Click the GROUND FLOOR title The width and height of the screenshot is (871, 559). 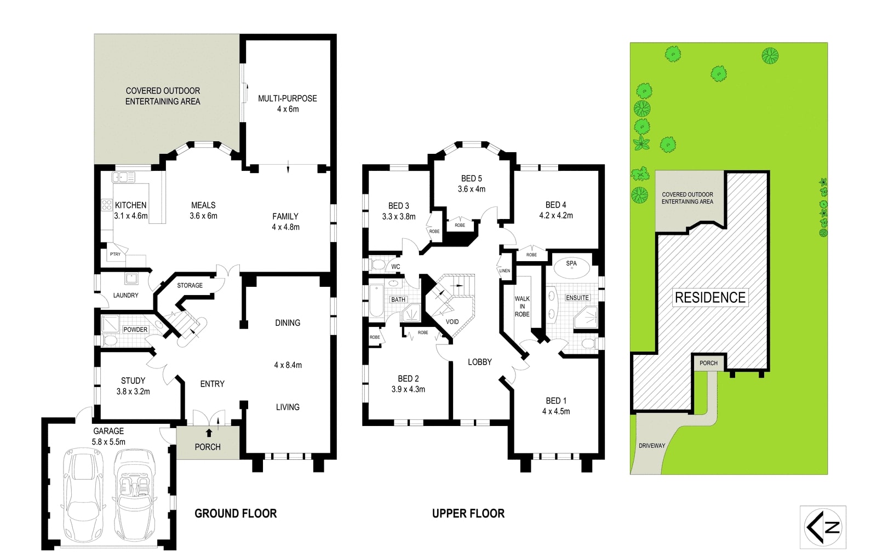point(236,514)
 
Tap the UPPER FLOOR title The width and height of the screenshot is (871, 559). point(468,514)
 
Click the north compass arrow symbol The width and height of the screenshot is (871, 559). point(822,527)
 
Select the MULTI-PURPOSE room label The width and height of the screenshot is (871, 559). point(288,99)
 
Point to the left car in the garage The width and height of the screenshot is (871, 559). point(84,495)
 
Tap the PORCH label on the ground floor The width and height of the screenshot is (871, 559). point(208,447)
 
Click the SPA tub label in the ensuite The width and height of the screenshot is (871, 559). point(571,263)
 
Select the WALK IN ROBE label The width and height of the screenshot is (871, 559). point(522,307)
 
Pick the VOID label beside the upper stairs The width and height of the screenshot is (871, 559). point(452,322)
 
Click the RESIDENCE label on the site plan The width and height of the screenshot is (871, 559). point(710,298)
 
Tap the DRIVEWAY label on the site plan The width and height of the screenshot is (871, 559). point(652,446)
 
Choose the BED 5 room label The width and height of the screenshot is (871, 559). point(471,178)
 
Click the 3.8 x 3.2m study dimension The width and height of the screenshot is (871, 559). point(133,391)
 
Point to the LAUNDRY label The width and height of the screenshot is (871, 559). point(125,296)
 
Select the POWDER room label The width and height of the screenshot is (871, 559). point(135,330)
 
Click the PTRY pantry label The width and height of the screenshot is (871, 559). point(115,255)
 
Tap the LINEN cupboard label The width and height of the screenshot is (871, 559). point(505,271)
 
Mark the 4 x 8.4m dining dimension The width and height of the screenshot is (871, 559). point(288,365)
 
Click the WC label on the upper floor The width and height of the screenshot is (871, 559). point(396,267)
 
